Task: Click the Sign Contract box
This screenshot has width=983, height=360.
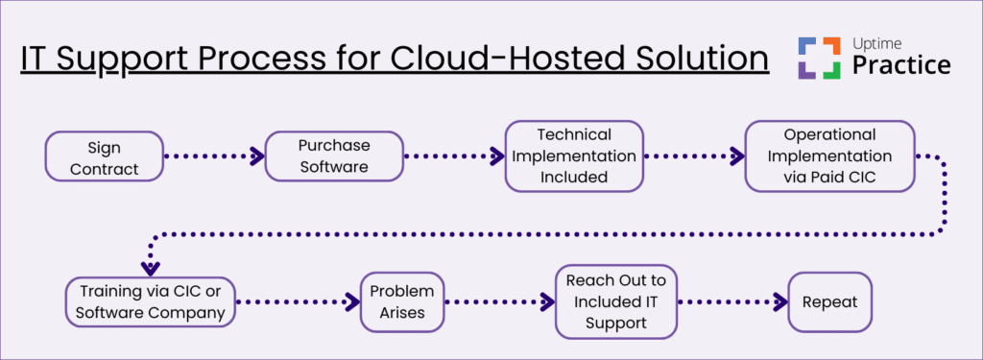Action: (104, 156)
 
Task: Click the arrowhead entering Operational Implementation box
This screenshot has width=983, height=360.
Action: (737, 156)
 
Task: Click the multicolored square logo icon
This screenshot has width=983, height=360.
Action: (819, 57)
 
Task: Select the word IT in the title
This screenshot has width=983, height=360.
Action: (36, 59)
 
